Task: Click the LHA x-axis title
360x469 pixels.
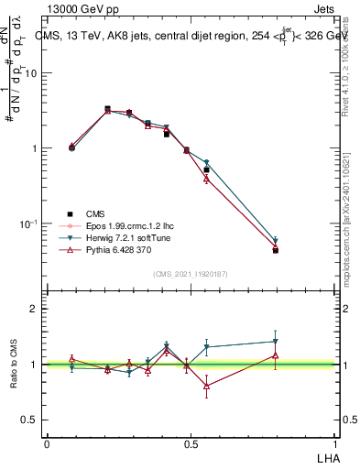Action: [x=328, y=456]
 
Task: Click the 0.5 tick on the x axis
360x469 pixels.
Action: [x=191, y=443]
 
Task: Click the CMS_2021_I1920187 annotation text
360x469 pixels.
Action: [x=191, y=274]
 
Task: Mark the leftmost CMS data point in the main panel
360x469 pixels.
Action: [x=72, y=147]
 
